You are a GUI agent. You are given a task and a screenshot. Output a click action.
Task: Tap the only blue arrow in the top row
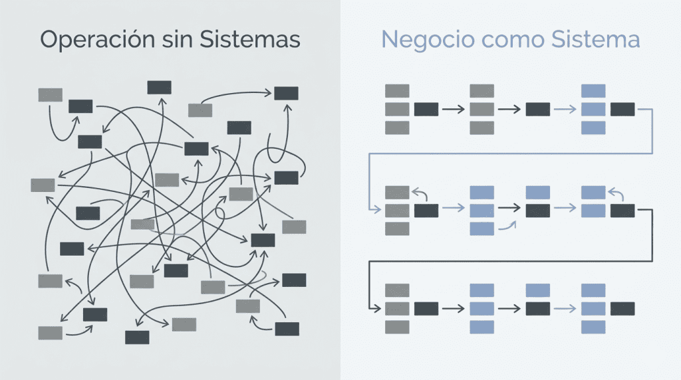pos(565,110)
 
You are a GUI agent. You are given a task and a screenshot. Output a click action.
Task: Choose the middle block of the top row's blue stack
pos(593,110)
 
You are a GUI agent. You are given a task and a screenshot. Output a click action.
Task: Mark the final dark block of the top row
pos(622,110)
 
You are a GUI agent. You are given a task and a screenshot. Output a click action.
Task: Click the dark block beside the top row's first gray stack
pos(426,110)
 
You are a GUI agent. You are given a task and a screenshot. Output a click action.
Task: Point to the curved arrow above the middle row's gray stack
pos(419,193)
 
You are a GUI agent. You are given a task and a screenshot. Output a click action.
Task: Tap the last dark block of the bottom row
pos(622,309)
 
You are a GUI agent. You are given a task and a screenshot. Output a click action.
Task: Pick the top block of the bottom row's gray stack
pos(397,290)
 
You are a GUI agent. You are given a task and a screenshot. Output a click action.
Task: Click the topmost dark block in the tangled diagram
pos(159,88)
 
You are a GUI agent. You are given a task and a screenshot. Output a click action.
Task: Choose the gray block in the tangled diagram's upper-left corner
pos(51,95)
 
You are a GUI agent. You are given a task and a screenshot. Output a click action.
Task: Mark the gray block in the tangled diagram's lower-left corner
pos(51,332)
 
